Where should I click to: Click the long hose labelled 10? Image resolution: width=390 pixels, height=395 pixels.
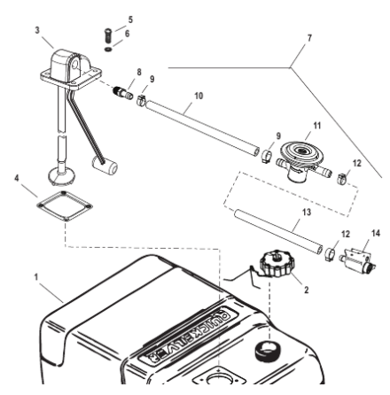click(x=204, y=128)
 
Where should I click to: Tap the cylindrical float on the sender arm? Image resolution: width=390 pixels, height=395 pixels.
click(x=109, y=165)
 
